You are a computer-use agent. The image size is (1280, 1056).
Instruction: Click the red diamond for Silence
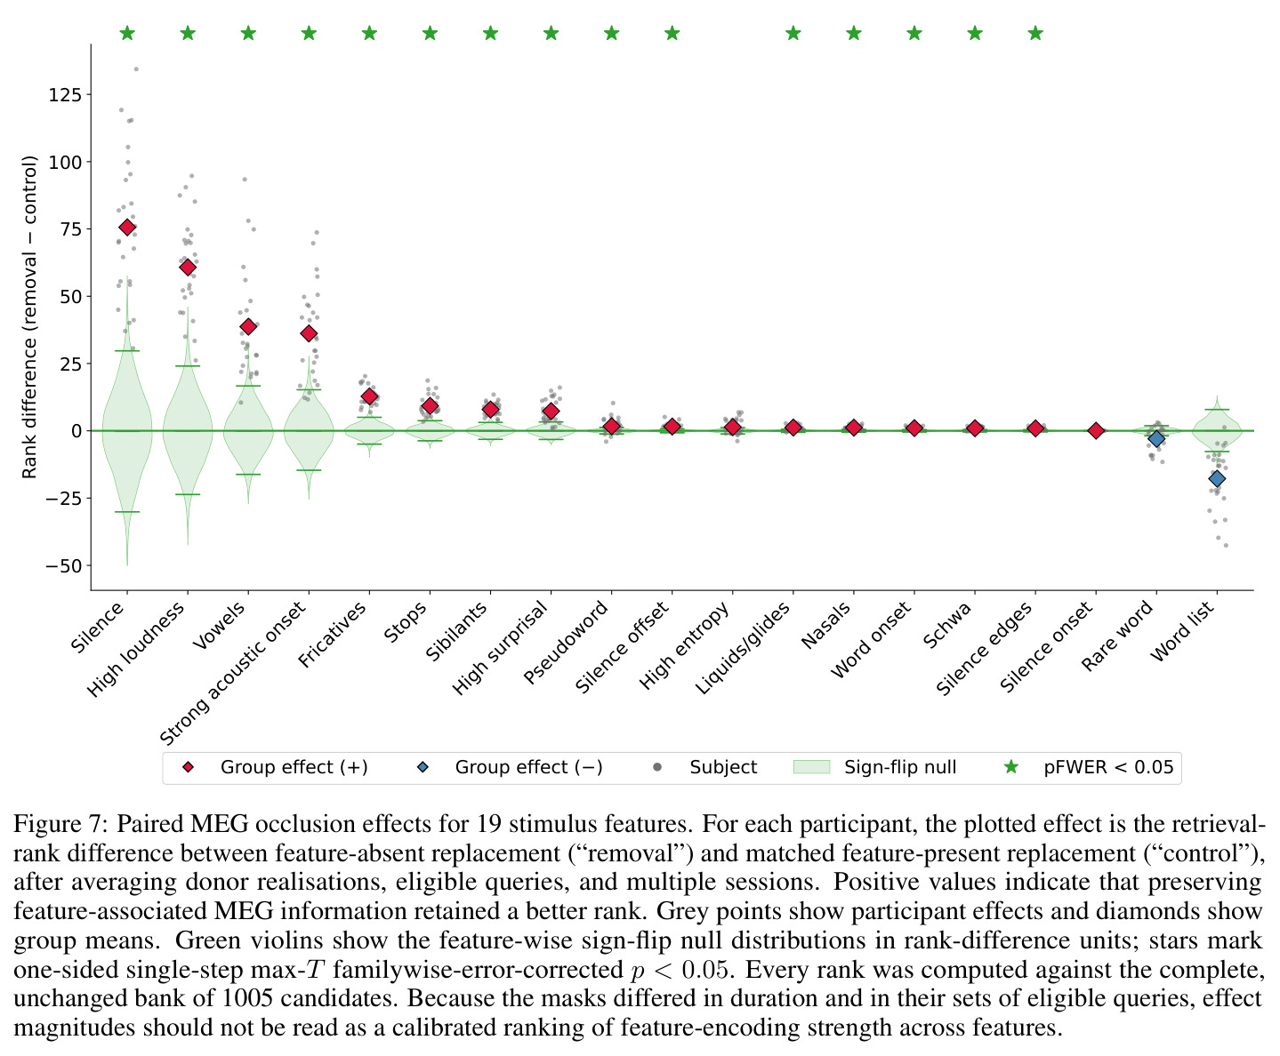coord(127,228)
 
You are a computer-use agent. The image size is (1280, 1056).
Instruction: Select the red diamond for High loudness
coord(188,267)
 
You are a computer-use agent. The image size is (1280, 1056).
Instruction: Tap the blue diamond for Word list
coord(1217,478)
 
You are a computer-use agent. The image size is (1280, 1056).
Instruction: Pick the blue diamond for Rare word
coord(1156,438)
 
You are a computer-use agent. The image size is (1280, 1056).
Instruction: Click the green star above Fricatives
coord(369,33)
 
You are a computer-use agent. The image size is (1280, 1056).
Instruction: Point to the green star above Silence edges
coord(1035,33)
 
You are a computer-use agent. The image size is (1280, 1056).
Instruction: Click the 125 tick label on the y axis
coord(64,95)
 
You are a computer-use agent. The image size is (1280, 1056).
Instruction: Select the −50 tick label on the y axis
coord(62,566)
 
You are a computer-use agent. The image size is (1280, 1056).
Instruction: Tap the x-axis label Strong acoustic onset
coord(233,672)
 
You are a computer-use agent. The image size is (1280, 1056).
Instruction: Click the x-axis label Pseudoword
coord(566,642)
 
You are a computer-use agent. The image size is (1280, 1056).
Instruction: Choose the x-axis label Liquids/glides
coord(743,647)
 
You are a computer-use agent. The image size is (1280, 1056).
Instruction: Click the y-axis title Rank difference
coord(28,316)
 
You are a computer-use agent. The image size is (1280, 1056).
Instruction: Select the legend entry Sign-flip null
coord(874,767)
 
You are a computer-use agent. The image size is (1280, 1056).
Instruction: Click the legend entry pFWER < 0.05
coord(1089,767)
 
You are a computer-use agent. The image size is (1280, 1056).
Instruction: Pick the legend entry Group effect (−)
coord(510,767)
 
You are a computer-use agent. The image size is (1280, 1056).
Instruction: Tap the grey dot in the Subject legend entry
coord(657,767)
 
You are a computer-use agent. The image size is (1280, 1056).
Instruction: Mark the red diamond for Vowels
coord(248,326)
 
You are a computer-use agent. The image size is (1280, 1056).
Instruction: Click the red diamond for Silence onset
coord(1096,430)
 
